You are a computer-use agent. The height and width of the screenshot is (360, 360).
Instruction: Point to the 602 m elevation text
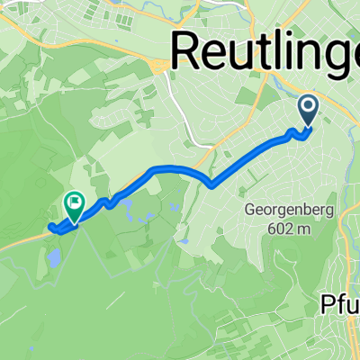point(287,229)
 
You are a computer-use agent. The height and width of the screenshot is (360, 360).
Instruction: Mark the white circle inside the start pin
point(308,107)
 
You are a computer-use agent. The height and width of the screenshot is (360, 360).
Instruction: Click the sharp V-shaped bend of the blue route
point(211,186)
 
